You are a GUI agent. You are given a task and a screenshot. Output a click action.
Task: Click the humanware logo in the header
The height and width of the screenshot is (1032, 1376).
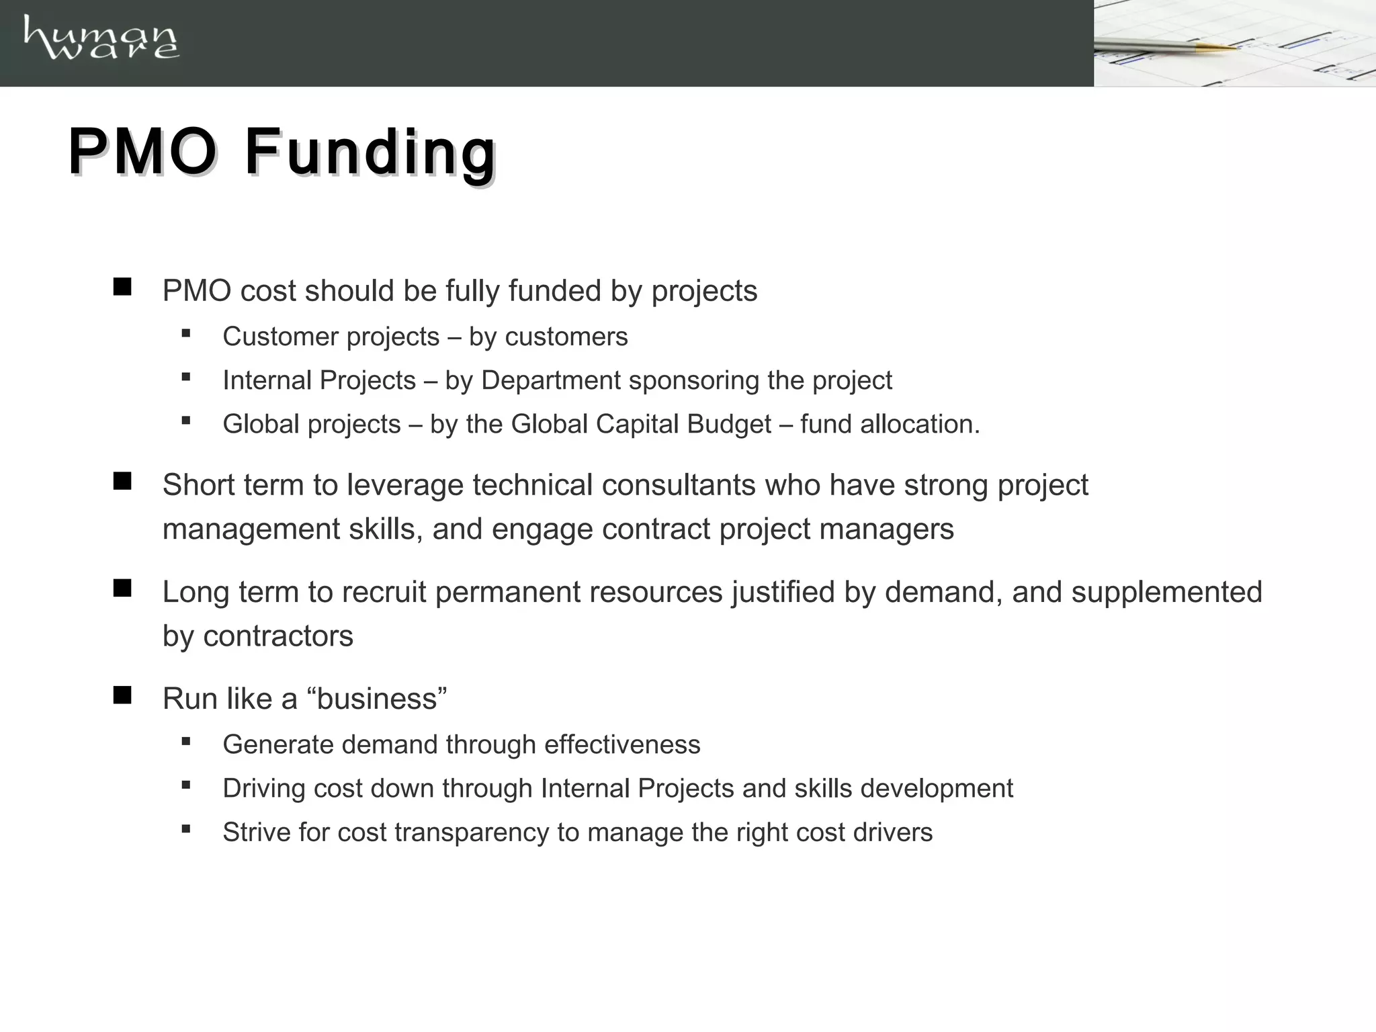coord(101,39)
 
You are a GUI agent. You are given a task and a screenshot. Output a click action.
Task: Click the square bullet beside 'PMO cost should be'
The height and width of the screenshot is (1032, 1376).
coord(122,288)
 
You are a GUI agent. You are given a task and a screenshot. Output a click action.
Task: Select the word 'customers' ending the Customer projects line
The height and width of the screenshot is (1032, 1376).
coord(566,337)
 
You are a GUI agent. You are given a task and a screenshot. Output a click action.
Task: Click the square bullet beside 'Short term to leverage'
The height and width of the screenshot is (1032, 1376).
coord(122,481)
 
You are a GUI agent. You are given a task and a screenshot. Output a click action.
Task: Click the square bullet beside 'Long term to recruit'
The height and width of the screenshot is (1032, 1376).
coord(122,589)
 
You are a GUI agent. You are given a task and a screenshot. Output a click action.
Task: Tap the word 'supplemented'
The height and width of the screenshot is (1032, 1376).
coord(1166,592)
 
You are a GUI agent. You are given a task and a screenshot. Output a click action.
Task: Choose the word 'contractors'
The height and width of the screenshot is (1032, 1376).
coord(278,636)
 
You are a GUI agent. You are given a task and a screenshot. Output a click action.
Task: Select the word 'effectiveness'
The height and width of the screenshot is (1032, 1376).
coord(622,744)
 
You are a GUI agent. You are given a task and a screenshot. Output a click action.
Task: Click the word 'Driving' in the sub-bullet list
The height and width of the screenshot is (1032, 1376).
coord(264,789)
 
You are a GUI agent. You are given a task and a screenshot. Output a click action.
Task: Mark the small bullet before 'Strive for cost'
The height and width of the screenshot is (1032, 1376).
coord(186,829)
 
